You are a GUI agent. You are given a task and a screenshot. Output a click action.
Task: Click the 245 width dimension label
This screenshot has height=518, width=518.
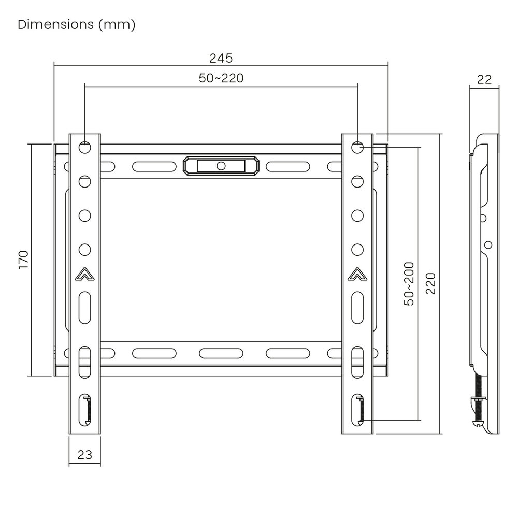221,59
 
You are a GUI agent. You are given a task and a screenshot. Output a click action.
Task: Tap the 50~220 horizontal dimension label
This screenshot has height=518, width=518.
221,78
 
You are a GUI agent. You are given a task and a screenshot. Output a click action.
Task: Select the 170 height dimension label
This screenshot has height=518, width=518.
23,260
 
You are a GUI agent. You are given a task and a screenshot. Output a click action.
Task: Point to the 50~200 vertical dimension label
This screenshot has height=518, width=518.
409,284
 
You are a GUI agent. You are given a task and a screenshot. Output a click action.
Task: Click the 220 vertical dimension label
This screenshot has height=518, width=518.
430,283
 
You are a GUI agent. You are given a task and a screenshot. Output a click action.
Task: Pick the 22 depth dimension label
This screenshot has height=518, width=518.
484,80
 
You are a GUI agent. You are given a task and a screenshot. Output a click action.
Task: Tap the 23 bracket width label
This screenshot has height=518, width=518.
84,455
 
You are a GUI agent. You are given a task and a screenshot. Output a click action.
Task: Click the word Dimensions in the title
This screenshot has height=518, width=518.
56,24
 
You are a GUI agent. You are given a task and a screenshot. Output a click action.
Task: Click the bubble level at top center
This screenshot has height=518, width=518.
221,166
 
